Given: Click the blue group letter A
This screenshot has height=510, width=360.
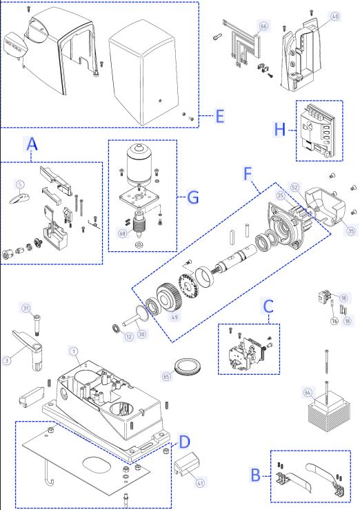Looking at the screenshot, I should [x=32, y=146].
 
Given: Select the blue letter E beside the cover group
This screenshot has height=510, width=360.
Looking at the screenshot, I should [x=219, y=116].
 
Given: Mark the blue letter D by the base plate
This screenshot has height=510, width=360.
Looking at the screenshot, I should [x=185, y=440].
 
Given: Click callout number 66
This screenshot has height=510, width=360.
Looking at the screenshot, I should [x=263, y=26].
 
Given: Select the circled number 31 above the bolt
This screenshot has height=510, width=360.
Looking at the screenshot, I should [x=26, y=308].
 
